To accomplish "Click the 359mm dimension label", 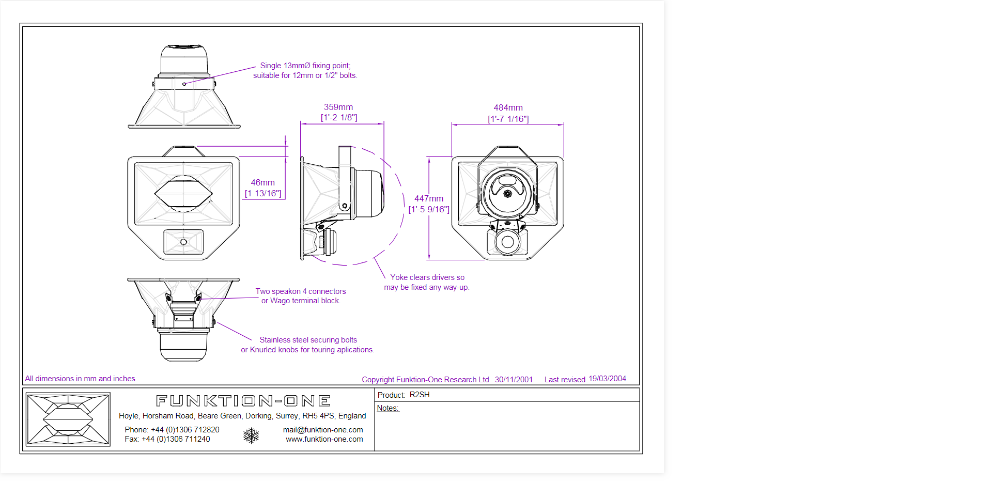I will (x=338, y=107).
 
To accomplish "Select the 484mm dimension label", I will (x=508, y=108).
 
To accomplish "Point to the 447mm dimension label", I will (x=429, y=199).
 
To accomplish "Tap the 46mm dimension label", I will (x=262, y=183).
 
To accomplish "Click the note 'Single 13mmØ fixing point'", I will (x=305, y=66).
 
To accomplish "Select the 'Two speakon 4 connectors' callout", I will (x=301, y=291).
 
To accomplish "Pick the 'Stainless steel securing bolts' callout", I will (x=308, y=340).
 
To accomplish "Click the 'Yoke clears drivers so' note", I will (x=427, y=277).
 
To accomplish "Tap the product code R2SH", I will (x=420, y=395).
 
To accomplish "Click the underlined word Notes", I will (x=388, y=408).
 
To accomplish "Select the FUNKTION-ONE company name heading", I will (x=243, y=401).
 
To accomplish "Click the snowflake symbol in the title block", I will (x=251, y=435).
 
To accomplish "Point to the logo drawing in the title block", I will (x=68, y=419).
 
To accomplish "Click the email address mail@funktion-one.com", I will (x=323, y=430).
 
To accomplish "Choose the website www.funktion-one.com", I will (x=324, y=439).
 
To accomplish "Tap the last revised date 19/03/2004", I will (x=607, y=379).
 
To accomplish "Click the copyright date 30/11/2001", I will (x=514, y=380).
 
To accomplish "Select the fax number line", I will (x=167, y=439).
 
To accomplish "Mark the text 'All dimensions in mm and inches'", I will (x=80, y=379).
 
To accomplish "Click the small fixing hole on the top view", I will (x=184, y=84).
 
